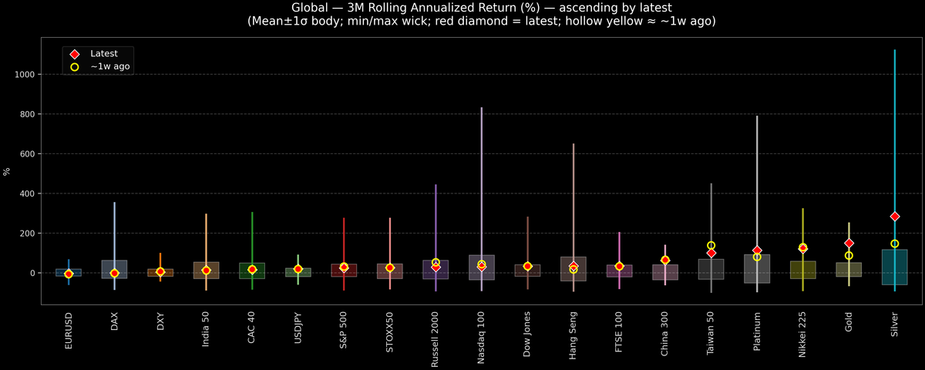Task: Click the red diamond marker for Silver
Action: point(895,217)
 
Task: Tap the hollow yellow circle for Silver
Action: point(895,244)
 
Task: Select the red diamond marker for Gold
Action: point(849,244)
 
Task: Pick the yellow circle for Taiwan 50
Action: point(711,245)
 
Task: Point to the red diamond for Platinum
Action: point(757,251)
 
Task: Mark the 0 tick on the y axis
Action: point(36,273)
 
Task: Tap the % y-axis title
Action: point(8,171)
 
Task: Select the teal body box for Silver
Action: point(895,267)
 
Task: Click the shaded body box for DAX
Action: point(114,269)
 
